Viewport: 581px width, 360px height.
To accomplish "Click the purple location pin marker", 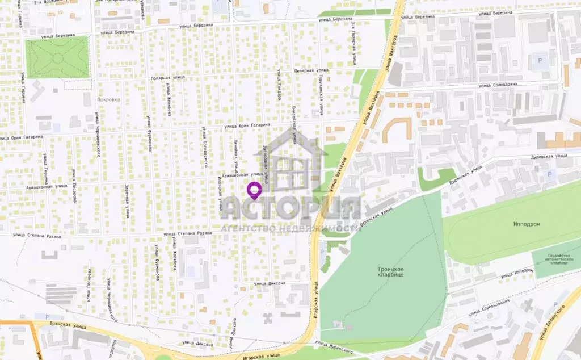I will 255,190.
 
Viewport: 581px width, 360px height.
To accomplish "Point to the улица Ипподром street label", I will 516,274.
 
